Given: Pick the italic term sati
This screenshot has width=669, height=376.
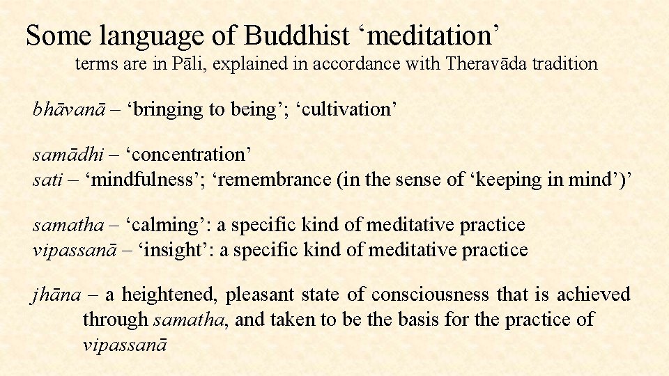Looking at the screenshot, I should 46,180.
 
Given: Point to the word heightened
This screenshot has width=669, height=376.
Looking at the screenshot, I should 173,295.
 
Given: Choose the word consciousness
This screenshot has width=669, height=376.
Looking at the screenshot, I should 430,295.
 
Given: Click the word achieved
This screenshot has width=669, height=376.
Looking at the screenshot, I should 594,295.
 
